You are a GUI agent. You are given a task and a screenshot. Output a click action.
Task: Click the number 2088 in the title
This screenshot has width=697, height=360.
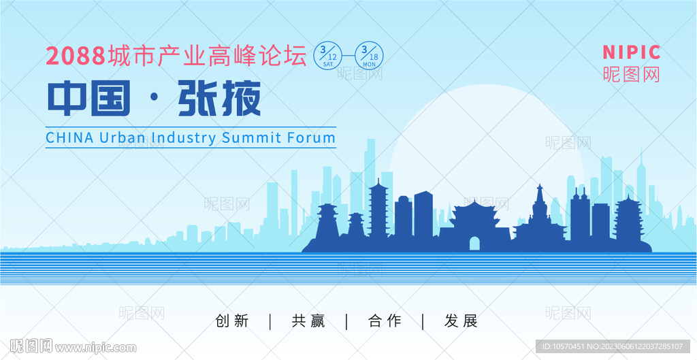click(x=76, y=56)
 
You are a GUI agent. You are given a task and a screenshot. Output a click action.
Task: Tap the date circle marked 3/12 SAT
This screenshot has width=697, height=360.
click(x=328, y=56)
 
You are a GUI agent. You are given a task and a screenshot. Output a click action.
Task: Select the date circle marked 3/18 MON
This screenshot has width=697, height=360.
click(x=369, y=56)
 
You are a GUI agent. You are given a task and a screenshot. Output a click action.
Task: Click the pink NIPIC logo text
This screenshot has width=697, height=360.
click(x=631, y=52)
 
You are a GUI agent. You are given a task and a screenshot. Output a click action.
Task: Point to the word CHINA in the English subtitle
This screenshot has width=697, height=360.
click(x=70, y=137)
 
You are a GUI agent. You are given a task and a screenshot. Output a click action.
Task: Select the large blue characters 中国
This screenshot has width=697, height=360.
click(x=89, y=98)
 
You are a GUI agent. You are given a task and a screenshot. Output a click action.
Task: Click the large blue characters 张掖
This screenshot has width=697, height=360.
click(x=220, y=98)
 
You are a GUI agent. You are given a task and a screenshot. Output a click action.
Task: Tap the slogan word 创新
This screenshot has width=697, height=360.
click(x=232, y=321)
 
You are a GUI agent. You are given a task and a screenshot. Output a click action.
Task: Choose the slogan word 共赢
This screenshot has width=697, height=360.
click(x=308, y=321)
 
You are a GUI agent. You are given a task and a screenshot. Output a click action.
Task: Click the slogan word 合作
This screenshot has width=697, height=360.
click(x=385, y=321)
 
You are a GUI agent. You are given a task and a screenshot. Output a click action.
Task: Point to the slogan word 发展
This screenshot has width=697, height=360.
click(x=461, y=321)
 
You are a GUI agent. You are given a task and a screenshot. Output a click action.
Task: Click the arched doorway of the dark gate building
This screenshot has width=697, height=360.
click(x=474, y=244)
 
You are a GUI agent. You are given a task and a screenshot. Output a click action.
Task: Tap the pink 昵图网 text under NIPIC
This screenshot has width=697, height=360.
click(x=631, y=74)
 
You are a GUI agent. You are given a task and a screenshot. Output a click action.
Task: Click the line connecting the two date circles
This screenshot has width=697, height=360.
click(x=348, y=56)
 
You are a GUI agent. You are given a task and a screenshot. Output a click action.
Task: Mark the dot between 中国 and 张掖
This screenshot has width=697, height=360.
click(x=155, y=99)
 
